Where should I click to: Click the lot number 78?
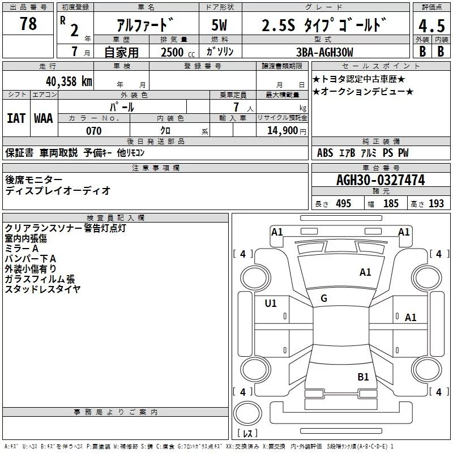[28, 24]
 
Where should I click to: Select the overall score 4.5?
[431, 26]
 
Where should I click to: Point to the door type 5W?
[220, 25]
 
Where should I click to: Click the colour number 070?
[94, 131]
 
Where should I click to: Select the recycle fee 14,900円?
[285, 131]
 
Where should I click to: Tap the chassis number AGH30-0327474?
[380, 181]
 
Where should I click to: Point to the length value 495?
[342, 204]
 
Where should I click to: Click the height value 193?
[436, 204]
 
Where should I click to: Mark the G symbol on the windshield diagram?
[324, 298]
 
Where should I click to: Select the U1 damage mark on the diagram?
[271, 304]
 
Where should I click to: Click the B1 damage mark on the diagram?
[363, 377]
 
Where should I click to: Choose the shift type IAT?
[16, 118]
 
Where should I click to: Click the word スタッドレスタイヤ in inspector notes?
[42, 289]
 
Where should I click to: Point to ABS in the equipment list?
[325, 153]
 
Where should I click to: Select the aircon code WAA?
[44, 118]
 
